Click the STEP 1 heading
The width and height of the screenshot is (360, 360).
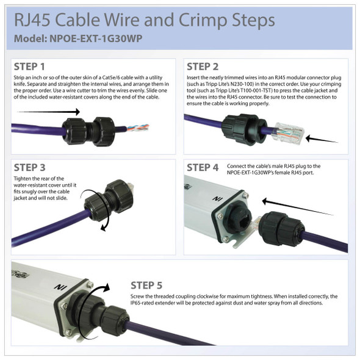pos(29,67)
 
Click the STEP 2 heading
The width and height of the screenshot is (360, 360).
pos(202,67)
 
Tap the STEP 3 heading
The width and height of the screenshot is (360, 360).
pos(30,168)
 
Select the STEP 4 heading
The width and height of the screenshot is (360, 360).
pos(203,168)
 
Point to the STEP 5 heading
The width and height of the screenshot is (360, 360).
pos(146,286)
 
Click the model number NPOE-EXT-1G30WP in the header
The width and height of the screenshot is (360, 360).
pos(96,38)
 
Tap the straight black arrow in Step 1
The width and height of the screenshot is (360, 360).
pos(48,112)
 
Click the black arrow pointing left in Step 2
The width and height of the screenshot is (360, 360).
pos(322,139)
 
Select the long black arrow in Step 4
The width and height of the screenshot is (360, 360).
pos(298,208)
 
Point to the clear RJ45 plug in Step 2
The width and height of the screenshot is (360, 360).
pos(288,134)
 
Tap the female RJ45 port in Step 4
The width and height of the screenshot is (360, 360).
pos(244,221)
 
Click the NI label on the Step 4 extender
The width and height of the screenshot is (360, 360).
pos(217,198)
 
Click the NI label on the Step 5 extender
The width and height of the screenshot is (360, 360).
pos(60,287)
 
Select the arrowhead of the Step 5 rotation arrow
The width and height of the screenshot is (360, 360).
pos(106,287)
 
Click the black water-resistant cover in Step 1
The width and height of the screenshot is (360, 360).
pos(88,131)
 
